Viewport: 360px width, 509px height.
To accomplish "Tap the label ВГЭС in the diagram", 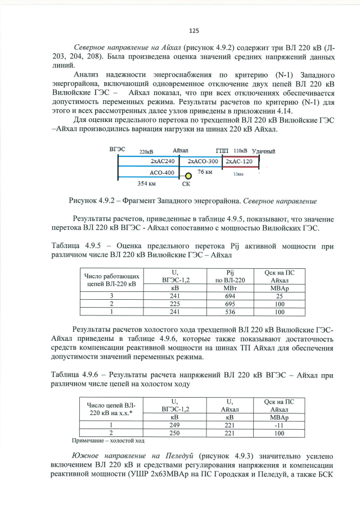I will pos(117,150).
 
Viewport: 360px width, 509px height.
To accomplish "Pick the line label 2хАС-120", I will pos(239,161).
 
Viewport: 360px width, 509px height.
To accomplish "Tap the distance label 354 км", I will pos(147,183).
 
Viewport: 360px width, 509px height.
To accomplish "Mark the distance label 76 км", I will pos(205,172).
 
